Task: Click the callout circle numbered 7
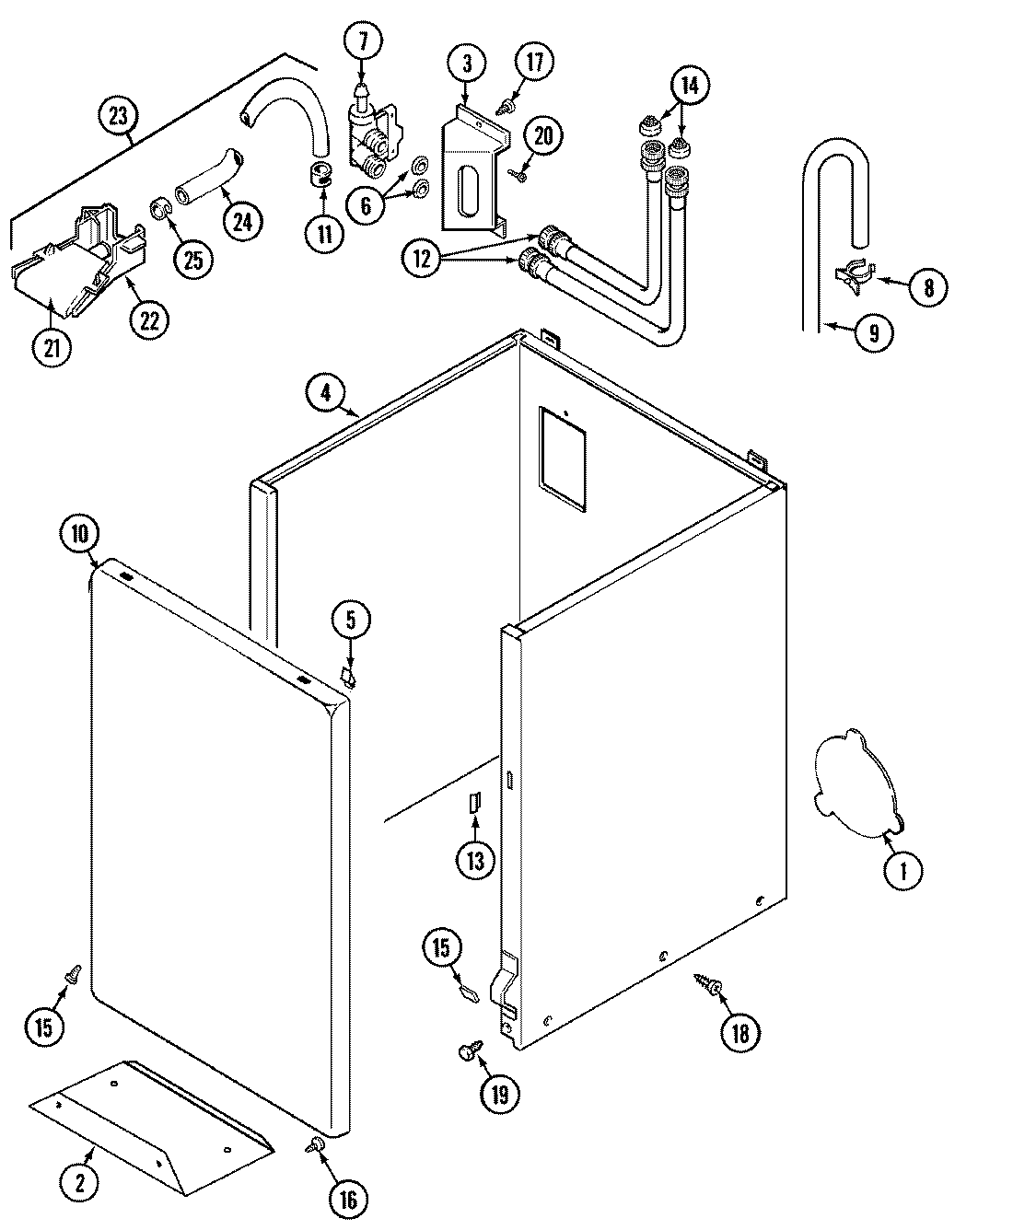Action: coord(362,41)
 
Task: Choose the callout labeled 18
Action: coord(740,1033)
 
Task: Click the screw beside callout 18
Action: coord(710,987)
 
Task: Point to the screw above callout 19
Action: coord(467,1050)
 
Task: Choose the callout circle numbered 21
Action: coord(52,347)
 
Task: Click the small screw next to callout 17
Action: coord(504,109)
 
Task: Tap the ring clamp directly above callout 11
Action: coord(321,172)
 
